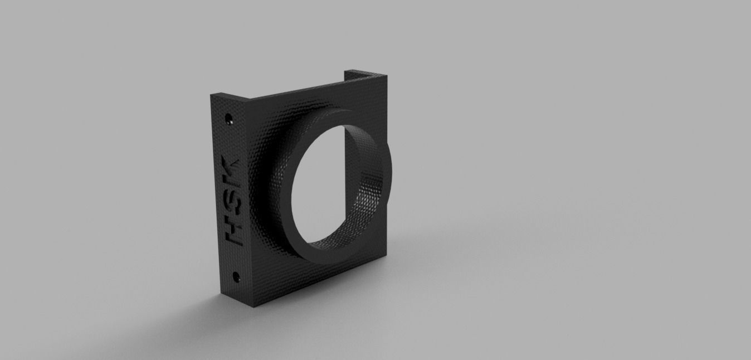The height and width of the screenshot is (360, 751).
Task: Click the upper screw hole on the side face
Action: pos(228,118)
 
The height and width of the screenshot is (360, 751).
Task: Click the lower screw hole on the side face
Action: pos(236,275)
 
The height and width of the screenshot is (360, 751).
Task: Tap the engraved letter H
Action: pos(232,233)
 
